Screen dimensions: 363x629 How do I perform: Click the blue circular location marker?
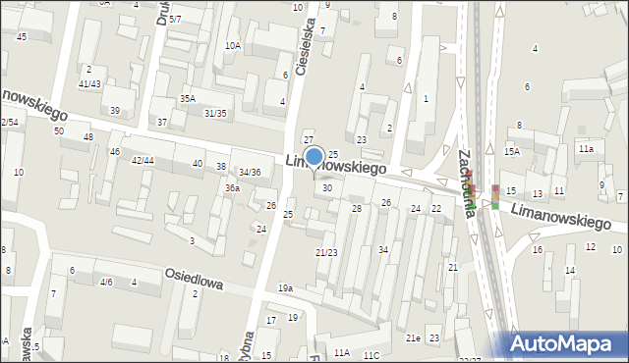(314, 156)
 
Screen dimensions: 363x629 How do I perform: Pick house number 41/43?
(89, 84)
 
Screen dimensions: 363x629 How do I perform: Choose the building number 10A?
(233, 45)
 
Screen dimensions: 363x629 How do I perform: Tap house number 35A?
(187, 99)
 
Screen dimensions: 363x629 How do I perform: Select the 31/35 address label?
(215, 113)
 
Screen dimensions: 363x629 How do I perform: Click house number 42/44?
(142, 160)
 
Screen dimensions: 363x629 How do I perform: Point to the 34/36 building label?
(250, 173)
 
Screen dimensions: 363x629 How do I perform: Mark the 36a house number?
(232, 187)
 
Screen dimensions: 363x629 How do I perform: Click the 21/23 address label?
(326, 253)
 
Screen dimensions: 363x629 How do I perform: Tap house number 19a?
(285, 287)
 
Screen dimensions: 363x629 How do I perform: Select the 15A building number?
(511, 151)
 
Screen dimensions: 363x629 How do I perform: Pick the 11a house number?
(586, 148)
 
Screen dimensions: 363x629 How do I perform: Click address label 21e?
(414, 338)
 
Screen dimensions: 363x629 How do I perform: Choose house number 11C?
(371, 354)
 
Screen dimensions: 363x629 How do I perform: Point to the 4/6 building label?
(105, 283)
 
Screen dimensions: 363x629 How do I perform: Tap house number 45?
(22, 36)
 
